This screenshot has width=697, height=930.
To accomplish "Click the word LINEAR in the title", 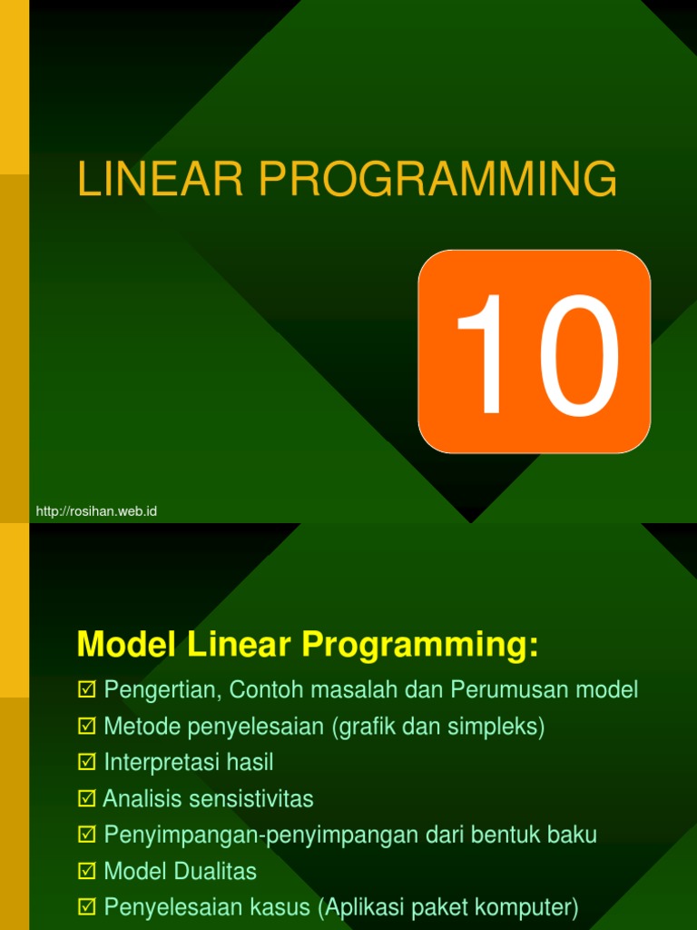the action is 161,179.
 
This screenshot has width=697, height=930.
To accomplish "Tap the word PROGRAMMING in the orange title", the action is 438,179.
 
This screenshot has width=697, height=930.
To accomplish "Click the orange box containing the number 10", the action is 534,351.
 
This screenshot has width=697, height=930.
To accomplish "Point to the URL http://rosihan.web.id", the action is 96,511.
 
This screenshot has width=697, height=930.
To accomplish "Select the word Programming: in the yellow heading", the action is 420,646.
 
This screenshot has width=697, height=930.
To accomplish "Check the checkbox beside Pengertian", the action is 86,690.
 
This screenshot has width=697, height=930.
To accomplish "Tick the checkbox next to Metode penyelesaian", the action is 86,726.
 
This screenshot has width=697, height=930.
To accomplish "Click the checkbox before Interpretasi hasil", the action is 86,762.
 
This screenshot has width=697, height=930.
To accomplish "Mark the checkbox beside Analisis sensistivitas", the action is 86,798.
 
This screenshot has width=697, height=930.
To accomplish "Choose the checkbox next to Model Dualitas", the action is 86,871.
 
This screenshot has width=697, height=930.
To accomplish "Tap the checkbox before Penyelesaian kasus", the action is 86,907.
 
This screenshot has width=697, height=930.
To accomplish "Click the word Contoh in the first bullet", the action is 266,690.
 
